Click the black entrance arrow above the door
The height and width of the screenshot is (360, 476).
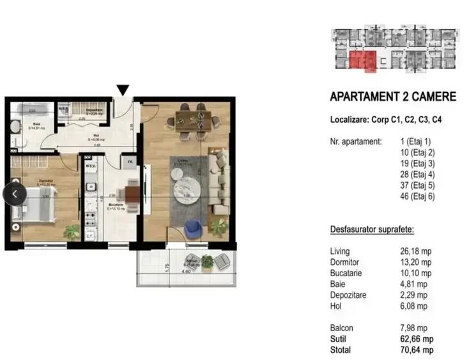coord(123,90)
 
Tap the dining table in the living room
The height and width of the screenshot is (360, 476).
coord(193,119)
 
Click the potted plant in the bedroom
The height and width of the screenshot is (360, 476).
coord(72,231)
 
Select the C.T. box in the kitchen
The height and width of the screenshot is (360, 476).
coord(89,236)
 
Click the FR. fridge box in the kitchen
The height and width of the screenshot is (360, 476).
coord(130,163)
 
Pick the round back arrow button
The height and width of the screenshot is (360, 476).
coord(15,194)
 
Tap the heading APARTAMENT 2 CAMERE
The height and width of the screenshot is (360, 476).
coord(392,97)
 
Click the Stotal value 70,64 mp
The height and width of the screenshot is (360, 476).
coord(416,350)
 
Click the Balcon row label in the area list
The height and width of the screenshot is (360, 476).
coord(341,328)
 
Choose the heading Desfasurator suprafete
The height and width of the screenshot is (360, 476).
coord(371,228)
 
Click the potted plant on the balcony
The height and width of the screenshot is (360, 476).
coord(206,260)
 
